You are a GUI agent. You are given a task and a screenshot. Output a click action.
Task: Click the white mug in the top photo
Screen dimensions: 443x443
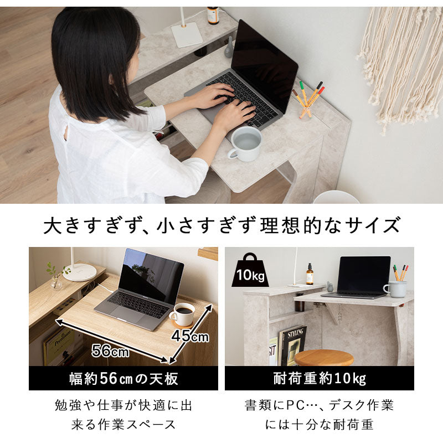tap(246, 144)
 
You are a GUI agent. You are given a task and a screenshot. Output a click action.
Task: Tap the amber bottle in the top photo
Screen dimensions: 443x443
tap(213, 15)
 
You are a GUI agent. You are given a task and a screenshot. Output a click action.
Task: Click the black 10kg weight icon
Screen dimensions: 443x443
tap(250, 270)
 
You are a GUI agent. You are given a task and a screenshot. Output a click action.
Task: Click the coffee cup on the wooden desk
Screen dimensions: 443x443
tap(182, 314)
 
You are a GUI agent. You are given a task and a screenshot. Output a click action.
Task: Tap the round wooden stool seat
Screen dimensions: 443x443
tap(324, 357)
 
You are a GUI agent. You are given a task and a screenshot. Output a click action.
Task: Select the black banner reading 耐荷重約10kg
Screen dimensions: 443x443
tap(320, 379)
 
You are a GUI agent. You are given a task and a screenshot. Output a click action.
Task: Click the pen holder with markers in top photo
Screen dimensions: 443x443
tap(307, 103)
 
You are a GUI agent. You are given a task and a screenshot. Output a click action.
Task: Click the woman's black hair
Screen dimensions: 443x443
tap(94, 61)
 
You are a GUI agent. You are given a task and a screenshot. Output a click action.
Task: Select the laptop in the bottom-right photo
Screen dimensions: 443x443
tap(363, 277)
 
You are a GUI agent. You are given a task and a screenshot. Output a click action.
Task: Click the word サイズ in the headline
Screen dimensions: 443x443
tap(373, 226)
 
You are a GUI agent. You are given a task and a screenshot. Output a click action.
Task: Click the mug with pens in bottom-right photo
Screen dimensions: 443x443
tap(396, 287)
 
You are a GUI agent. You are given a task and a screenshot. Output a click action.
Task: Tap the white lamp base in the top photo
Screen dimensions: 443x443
tap(186, 35)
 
